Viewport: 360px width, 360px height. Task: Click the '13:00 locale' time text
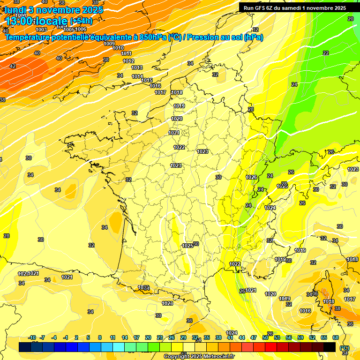point(37,21)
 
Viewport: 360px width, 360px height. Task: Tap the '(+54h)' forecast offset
point(81,21)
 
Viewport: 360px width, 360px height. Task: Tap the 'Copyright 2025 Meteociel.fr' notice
point(199,356)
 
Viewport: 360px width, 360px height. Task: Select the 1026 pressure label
point(251,177)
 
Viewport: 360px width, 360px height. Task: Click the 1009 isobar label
point(109,44)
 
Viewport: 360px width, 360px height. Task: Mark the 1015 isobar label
point(147,80)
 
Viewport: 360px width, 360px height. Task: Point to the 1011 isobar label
point(127,53)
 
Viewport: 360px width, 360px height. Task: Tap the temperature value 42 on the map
point(13,66)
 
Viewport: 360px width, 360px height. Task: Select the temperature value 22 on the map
point(326,53)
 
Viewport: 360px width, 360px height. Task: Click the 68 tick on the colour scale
point(336,337)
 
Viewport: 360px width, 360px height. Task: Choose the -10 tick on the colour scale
point(32,337)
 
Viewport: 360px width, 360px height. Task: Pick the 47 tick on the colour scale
point(254,337)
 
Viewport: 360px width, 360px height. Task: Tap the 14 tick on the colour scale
point(125,337)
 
